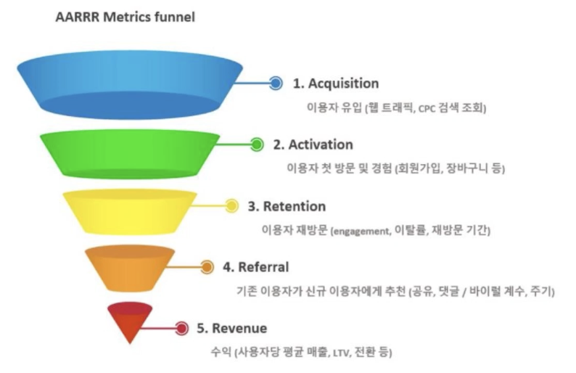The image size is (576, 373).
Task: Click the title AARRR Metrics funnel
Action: (125, 17)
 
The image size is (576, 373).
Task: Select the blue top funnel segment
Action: (130, 83)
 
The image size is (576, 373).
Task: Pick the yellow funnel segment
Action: (130, 210)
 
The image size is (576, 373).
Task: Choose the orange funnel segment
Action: (130, 267)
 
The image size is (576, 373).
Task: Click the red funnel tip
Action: (130, 324)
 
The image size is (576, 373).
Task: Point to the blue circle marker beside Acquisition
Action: (276, 83)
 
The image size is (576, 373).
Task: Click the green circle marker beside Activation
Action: (256, 144)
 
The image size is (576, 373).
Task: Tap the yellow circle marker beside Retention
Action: (231, 206)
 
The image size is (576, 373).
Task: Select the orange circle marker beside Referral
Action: (207, 267)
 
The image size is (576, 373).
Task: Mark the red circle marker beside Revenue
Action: (181, 328)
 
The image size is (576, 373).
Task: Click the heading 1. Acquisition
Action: (336, 83)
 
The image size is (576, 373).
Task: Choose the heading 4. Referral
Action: (256, 267)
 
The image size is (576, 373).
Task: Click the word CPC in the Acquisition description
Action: (428, 108)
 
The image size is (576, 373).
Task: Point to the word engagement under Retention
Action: (361, 231)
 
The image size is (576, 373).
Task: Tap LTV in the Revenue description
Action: (340, 353)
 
